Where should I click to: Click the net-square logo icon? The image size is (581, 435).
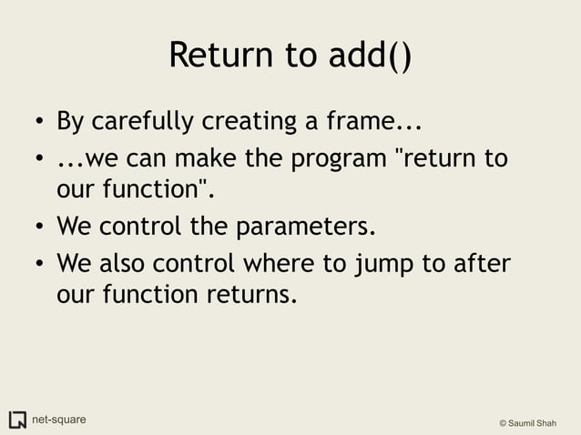[x=17, y=420]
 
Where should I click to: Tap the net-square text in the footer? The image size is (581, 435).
[x=60, y=420]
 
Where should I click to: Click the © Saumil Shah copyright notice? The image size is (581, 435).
[x=534, y=423]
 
